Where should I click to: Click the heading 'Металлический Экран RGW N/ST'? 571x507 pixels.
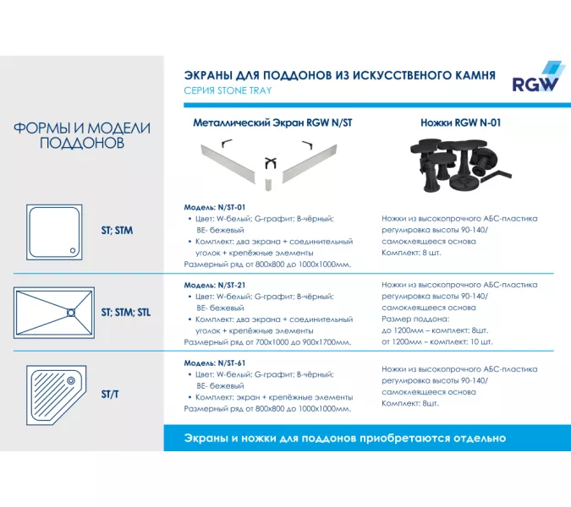point(272,123)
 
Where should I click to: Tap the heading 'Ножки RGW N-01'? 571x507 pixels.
point(460,123)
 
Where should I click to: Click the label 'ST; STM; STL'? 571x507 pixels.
point(126,312)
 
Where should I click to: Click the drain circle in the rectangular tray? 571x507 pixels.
point(72,313)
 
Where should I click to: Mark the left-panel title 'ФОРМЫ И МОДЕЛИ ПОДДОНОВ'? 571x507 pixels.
point(82,135)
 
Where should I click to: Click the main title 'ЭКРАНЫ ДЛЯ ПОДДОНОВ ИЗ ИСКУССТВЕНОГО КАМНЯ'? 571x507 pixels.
point(339,74)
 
